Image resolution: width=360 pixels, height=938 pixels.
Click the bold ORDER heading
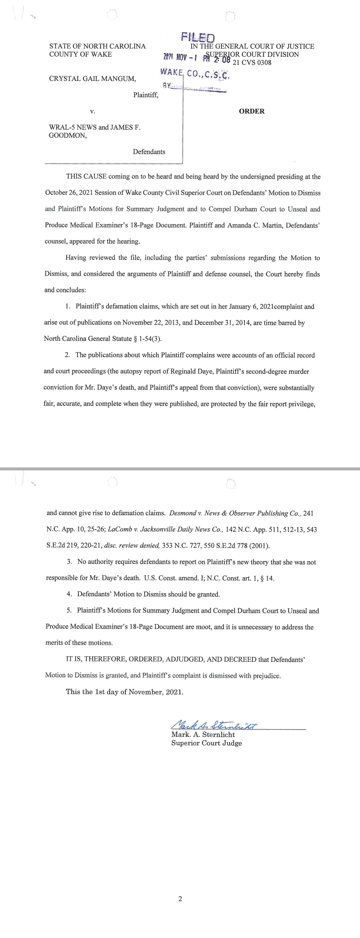pos(252,111)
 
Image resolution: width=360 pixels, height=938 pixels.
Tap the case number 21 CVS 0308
pos(252,63)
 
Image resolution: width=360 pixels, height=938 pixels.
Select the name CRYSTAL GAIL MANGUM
pos(92,79)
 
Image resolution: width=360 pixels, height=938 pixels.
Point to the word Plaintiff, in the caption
pos(146,95)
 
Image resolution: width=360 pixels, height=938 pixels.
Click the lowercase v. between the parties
pos(92,111)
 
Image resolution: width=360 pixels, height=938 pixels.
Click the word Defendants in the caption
pos(149,152)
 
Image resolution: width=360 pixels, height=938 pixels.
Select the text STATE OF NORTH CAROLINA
pos(97,46)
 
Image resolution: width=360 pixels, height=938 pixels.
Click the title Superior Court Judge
pos(207,743)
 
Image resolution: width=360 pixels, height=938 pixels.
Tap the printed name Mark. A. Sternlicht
pos(203,735)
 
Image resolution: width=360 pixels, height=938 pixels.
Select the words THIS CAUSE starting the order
pos(86,177)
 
